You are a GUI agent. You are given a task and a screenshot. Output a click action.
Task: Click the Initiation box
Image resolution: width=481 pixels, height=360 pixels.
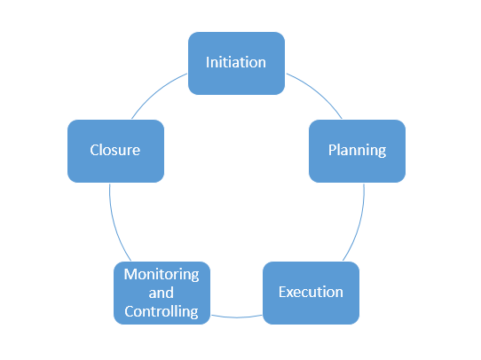click(x=237, y=63)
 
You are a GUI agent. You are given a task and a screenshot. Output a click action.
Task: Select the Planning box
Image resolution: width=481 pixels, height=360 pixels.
click(x=357, y=150)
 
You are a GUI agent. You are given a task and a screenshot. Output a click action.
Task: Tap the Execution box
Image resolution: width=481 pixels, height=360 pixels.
click(x=311, y=292)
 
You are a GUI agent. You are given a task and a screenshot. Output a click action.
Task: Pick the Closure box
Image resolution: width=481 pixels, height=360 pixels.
click(x=115, y=151)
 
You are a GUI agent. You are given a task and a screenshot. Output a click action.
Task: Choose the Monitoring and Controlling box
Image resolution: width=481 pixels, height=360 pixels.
click(x=162, y=293)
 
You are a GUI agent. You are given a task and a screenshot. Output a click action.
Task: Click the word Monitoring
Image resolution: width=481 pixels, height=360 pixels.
click(x=162, y=274)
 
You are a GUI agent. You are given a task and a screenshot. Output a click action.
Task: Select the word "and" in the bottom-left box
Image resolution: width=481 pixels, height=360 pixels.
click(x=162, y=293)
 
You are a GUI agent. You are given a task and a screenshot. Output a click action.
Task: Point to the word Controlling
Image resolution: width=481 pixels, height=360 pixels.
click(x=162, y=311)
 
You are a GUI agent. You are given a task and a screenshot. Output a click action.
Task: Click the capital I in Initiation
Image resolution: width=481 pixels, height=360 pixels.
click(x=208, y=63)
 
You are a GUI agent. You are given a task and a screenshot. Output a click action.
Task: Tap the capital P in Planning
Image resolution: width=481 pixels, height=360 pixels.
click(x=332, y=150)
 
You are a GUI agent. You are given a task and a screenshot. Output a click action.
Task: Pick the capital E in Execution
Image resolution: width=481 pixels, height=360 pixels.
click(x=282, y=292)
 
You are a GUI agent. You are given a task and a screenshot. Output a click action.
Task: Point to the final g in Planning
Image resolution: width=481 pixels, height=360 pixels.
click(x=382, y=152)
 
